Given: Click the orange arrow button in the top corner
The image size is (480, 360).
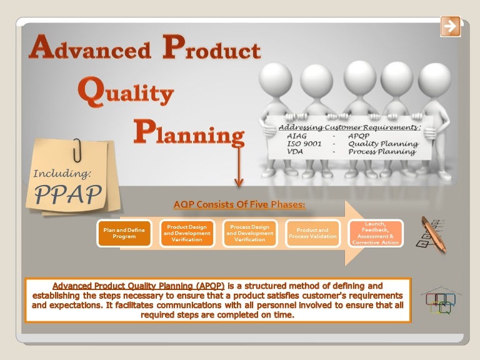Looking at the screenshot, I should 450,26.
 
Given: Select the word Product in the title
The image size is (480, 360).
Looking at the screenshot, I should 211,48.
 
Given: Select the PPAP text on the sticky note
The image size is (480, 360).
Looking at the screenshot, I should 67,195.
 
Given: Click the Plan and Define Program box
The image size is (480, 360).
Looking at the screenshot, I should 124,233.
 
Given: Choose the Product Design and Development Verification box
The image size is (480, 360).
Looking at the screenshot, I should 187,233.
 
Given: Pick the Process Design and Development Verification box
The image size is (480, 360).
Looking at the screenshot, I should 249,233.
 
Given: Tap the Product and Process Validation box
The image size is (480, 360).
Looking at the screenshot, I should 312,233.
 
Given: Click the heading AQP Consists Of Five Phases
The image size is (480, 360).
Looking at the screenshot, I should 239,204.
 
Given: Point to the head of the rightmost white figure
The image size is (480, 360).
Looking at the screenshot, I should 434,79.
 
